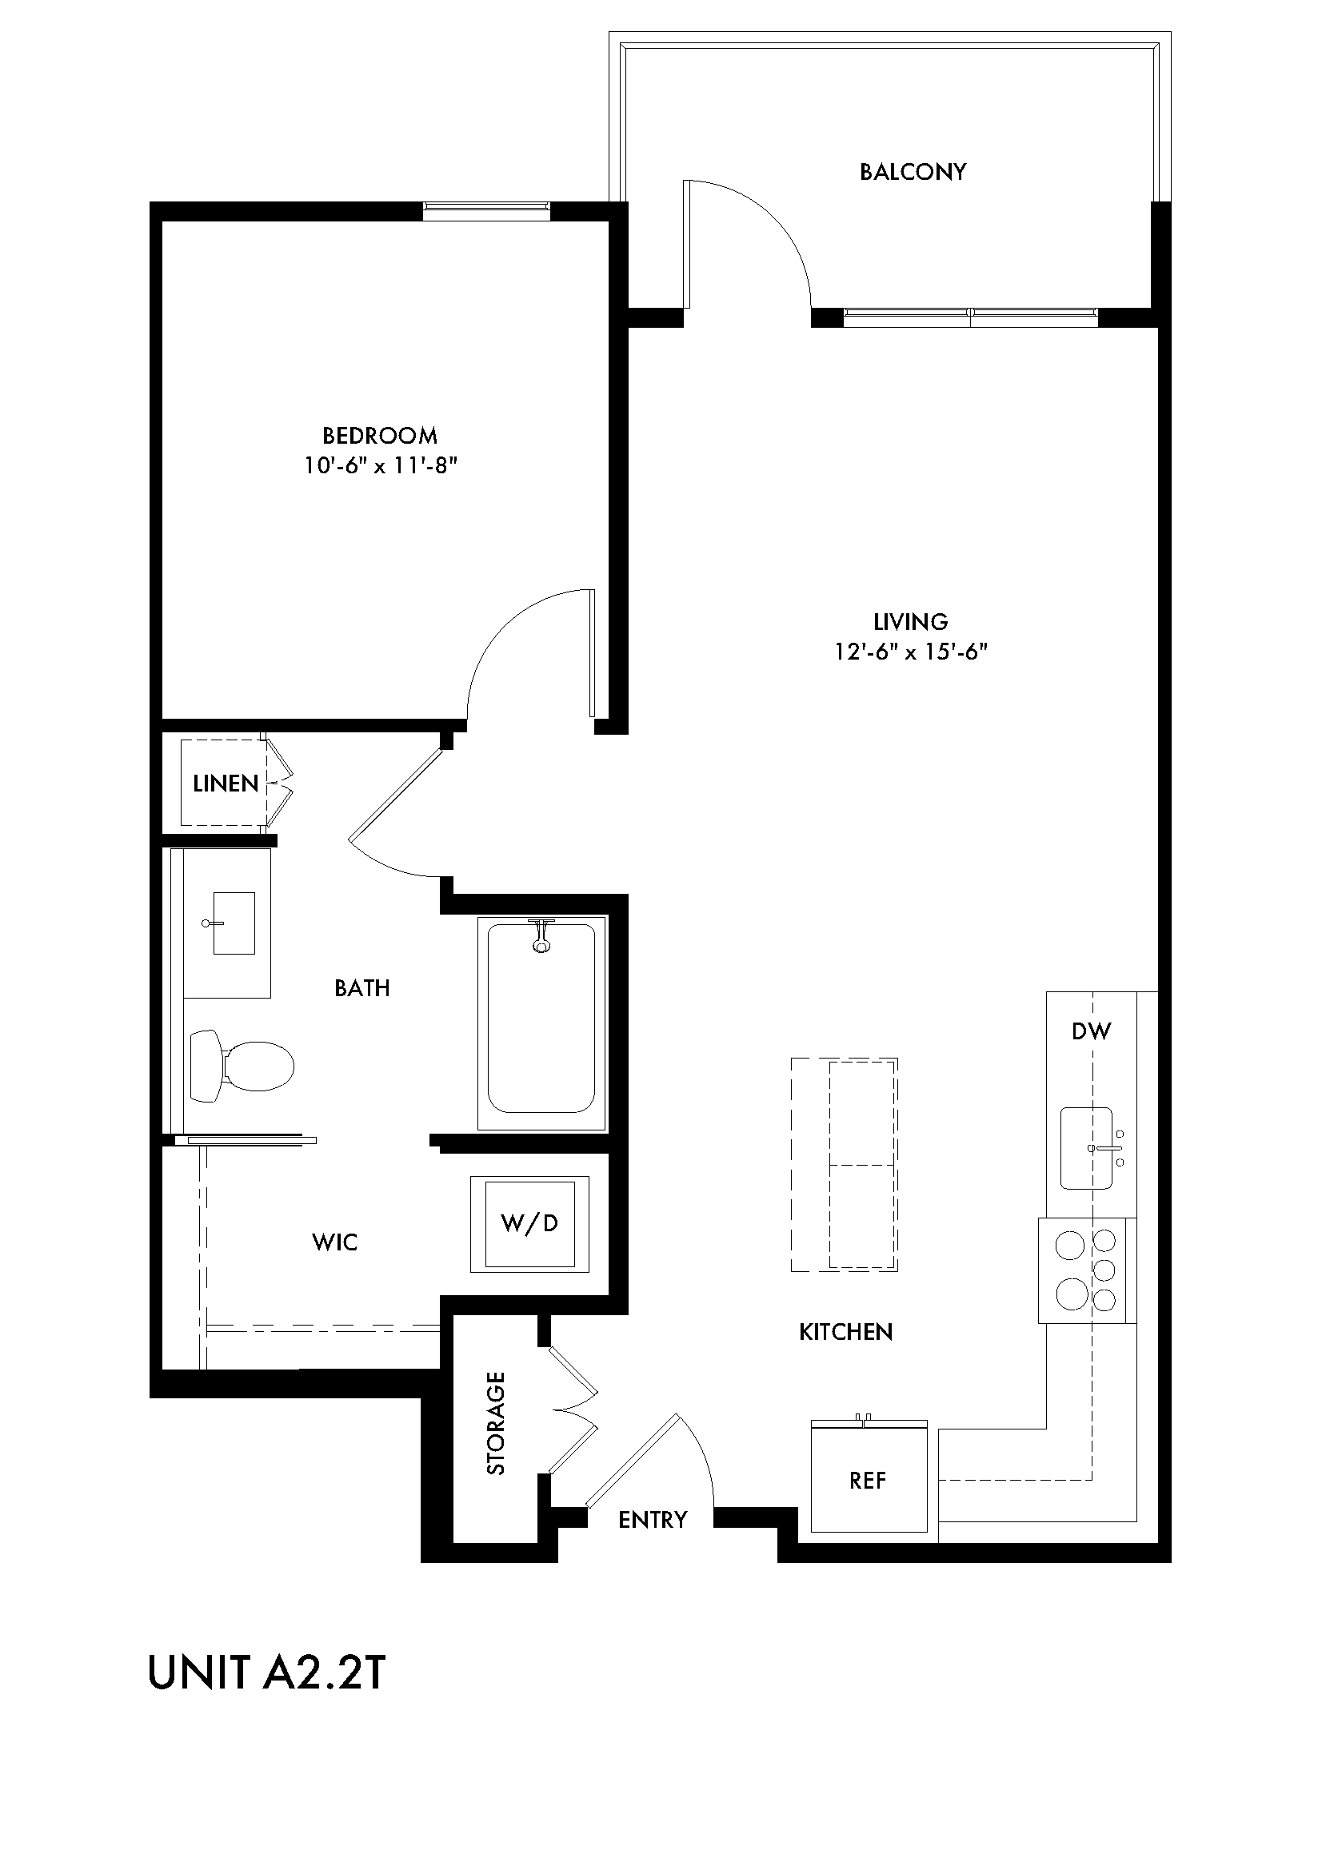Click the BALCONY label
[913, 172]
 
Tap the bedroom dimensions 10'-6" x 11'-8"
[381, 466]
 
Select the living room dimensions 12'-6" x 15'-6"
[910, 652]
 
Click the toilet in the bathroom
[242, 1067]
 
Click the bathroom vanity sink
[233, 923]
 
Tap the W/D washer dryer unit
[529, 1224]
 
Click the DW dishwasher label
[1091, 1032]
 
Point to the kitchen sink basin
[1086, 1148]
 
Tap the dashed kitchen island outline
[844, 1164]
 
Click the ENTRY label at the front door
[653, 1519]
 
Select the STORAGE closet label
[496, 1424]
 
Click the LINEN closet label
[225, 783]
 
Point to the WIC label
[335, 1242]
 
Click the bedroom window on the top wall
[486, 210]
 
